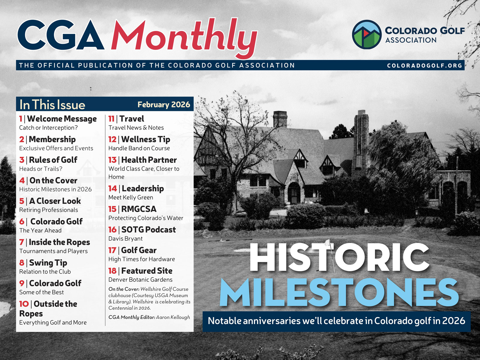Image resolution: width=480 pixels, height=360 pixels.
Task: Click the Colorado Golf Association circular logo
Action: point(366,34)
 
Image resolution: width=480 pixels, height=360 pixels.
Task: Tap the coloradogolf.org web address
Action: point(424,65)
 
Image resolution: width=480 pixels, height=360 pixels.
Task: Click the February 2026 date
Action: point(163,104)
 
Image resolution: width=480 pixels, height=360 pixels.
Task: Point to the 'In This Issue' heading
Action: point(52,105)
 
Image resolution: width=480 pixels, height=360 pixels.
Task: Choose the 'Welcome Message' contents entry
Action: point(62,119)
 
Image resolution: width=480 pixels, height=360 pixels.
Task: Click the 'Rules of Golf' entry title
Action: point(53,160)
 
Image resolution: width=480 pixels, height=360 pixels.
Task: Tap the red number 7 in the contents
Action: point(22,242)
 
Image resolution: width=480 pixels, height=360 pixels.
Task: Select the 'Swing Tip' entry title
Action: point(48,263)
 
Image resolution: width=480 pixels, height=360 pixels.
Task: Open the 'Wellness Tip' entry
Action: point(145,139)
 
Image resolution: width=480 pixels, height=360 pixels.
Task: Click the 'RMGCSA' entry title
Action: point(139,209)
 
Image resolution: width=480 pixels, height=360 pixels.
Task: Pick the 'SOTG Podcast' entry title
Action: point(148,230)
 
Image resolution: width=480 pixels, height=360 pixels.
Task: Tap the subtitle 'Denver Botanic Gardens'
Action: point(140,280)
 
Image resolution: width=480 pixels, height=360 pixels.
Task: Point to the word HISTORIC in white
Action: point(339,257)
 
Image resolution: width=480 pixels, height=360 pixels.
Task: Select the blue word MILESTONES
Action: point(339,292)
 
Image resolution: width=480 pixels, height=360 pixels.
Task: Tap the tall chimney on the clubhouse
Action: point(361,132)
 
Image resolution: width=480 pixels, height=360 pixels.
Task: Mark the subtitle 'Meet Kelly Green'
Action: point(131,197)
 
